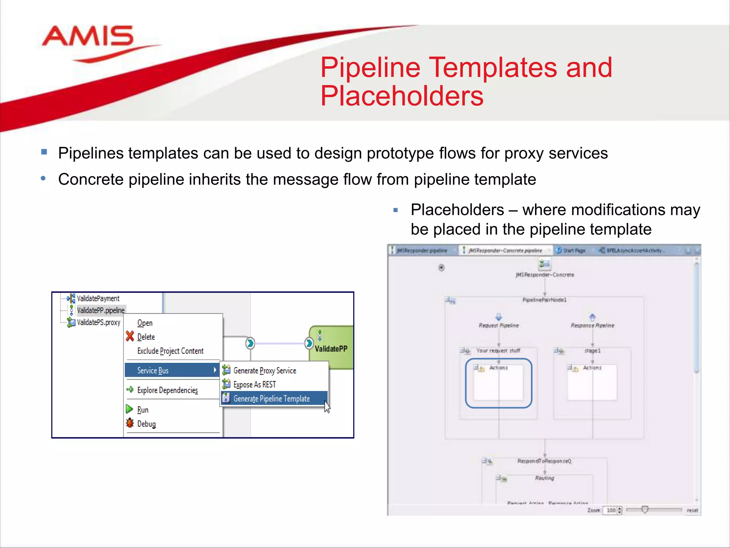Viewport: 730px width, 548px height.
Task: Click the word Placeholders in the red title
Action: click(x=402, y=96)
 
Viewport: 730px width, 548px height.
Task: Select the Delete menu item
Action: click(x=146, y=337)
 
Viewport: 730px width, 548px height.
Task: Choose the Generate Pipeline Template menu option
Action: click(x=271, y=399)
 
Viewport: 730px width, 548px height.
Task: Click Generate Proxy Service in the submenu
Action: click(x=264, y=371)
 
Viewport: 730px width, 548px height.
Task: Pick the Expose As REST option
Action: click(x=255, y=385)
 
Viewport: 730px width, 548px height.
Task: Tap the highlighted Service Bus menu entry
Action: click(x=153, y=370)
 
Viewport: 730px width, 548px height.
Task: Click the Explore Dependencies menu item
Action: click(x=167, y=390)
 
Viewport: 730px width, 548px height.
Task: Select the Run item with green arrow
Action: click(x=143, y=410)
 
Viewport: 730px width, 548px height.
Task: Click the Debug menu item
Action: click(x=146, y=424)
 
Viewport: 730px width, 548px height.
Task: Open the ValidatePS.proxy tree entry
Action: click(x=98, y=323)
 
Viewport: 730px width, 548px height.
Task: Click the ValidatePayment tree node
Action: click(x=98, y=298)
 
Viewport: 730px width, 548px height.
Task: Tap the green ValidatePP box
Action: click(x=331, y=348)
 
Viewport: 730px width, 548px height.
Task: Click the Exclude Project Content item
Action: click(x=170, y=351)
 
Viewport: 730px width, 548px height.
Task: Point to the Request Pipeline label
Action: click(x=499, y=325)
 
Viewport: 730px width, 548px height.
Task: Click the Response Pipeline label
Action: click(x=592, y=325)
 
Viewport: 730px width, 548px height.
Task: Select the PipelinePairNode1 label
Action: click(x=544, y=300)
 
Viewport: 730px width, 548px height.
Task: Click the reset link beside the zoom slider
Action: click(x=692, y=510)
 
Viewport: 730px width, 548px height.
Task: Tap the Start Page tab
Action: click(x=574, y=250)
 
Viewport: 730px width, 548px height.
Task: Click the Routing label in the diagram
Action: click(x=544, y=478)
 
